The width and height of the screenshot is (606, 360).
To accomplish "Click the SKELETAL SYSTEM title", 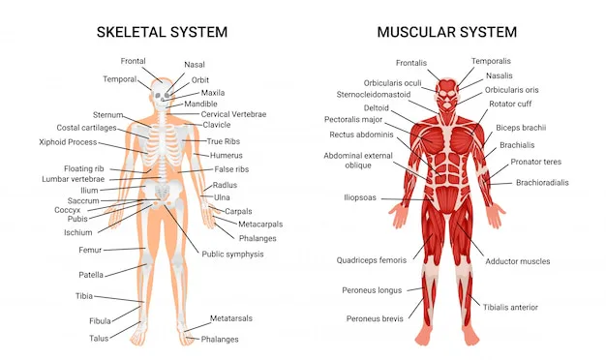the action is point(162,32).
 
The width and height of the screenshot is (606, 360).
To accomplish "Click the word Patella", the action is point(92,275).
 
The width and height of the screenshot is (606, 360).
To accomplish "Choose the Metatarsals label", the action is point(231,318).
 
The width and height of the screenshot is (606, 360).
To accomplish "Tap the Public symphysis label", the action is point(233,254).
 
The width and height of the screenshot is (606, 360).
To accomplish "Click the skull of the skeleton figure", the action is point(159,91).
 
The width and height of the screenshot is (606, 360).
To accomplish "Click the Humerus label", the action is point(227,154).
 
